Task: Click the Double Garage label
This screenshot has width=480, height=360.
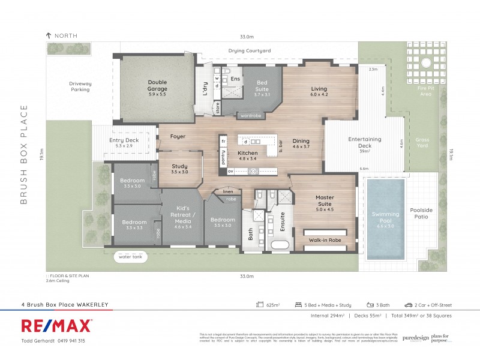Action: click(x=157, y=86)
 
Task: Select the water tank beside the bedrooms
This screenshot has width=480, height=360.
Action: click(x=133, y=257)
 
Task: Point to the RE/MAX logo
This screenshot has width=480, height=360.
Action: click(x=57, y=325)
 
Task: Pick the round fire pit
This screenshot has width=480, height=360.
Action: click(x=426, y=63)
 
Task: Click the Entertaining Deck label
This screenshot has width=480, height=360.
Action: click(x=365, y=143)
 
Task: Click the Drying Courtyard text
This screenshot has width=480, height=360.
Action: click(x=250, y=50)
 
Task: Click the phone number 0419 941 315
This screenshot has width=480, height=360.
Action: click(x=70, y=340)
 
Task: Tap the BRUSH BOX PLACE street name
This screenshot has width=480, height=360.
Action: click(x=25, y=154)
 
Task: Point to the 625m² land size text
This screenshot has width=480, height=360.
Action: click(x=273, y=305)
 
